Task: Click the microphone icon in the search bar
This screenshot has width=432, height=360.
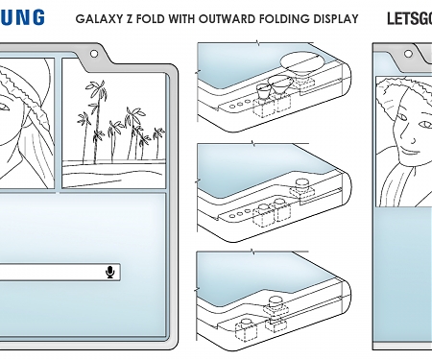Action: click(110, 273)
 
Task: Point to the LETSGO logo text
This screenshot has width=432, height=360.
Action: click(409, 18)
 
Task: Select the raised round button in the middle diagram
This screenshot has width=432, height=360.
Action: click(300, 183)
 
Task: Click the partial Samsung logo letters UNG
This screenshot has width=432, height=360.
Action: click(20, 18)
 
